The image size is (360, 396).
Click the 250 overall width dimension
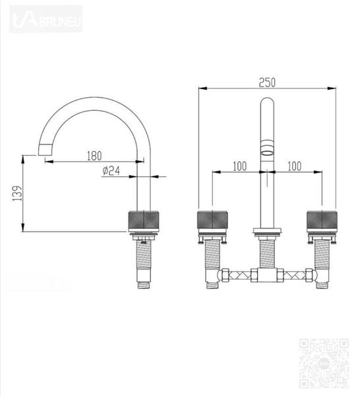click(266, 83)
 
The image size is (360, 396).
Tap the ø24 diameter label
click(111, 171)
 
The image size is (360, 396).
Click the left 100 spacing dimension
click(239, 166)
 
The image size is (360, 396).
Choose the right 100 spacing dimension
click(294, 166)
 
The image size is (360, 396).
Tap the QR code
click(324, 362)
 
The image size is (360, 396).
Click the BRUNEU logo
click(46, 18)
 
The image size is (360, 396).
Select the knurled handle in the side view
click(143, 220)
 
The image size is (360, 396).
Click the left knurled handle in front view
click(212, 220)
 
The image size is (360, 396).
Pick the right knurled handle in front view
click(322, 220)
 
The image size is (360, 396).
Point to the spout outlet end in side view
click(47, 150)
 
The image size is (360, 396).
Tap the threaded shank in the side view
click(143, 261)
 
